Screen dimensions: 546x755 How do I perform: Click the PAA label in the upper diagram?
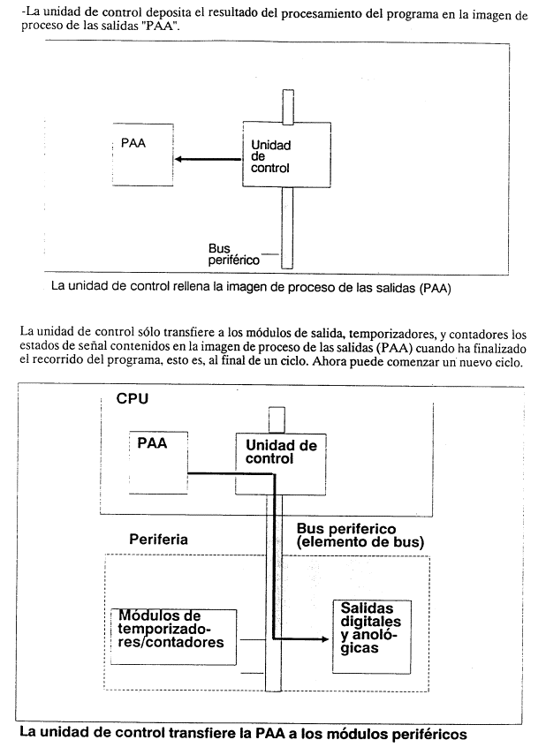click(x=133, y=143)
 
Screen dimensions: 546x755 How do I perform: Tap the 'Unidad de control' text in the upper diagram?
click(x=270, y=156)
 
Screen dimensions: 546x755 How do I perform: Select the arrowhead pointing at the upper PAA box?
click(x=178, y=159)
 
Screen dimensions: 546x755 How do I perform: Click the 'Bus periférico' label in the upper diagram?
click(x=234, y=254)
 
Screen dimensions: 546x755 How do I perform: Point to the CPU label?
click(x=132, y=398)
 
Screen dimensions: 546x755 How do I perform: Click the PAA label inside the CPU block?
click(x=152, y=443)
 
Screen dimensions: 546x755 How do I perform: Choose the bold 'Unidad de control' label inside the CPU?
click(x=281, y=451)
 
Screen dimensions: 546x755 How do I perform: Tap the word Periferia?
click(x=158, y=540)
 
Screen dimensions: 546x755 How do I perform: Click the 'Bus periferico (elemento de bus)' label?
click(x=360, y=535)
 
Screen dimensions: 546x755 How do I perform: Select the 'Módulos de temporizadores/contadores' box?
click(x=173, y=637)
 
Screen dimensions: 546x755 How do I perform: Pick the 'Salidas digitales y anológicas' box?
click(x=372, y=636)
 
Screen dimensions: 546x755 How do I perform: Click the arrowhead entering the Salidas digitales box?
click(x=325, y=639)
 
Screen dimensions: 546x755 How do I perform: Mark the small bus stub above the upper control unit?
click(x=288, y=107)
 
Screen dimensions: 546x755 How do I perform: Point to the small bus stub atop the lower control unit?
click(x=277, y=420)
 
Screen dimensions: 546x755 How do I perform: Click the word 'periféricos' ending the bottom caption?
click(x=428, y=735)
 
